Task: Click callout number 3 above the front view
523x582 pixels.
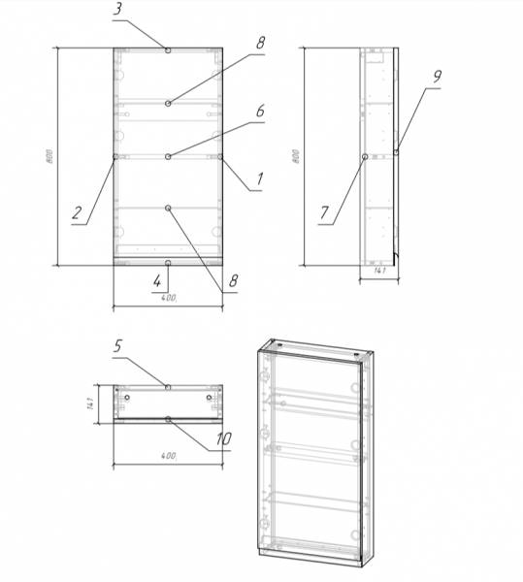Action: (117, 11)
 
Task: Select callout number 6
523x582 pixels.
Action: (260, 112)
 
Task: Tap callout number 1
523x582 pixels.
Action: (260, 178)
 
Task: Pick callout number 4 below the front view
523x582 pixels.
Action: (156, 281)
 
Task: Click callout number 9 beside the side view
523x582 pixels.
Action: (438, 76)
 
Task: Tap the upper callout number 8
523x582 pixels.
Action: (260, 45)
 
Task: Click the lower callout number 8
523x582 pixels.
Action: (231, 282)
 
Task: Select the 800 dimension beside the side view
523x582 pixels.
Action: (296, 156)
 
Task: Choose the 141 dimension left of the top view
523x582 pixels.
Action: (88, 402)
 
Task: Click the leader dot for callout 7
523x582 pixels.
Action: (365, 155)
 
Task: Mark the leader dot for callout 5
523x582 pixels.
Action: (168, 386)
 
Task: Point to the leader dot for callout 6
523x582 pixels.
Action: (168, 155)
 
